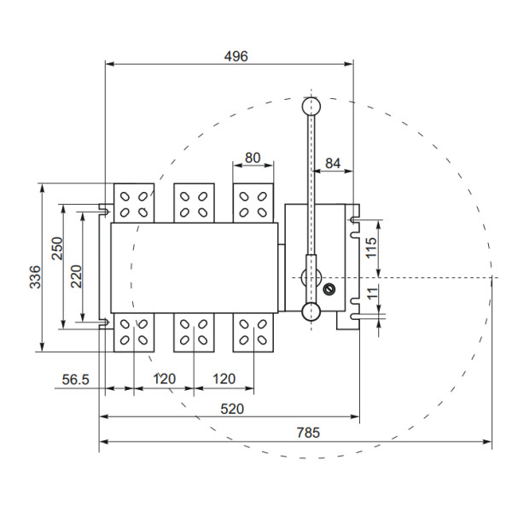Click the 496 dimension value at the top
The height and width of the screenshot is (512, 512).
click(x=236, y=56)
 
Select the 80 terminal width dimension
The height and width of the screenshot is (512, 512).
click(x=253, y=158)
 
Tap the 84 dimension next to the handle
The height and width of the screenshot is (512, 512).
click(x=332, y=163)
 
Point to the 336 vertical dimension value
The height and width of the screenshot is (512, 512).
click(x=35, y=278)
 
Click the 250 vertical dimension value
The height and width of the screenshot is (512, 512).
click(x=56, y=250)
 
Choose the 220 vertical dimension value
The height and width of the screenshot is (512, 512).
click(x=76, y=276)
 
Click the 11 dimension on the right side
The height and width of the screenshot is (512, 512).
click(x=370, y=293)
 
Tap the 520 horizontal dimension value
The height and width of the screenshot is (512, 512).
click(x=232, y=409)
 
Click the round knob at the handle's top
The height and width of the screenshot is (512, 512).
click(x=311, y=106)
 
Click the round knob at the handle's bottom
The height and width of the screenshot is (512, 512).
click(x=311, y=311)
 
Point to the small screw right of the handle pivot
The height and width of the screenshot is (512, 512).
click(x=329, y=288)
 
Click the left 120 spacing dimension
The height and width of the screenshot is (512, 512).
click(x=165, y=378)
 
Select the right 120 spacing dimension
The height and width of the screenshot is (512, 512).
click(x=224, y=378)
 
